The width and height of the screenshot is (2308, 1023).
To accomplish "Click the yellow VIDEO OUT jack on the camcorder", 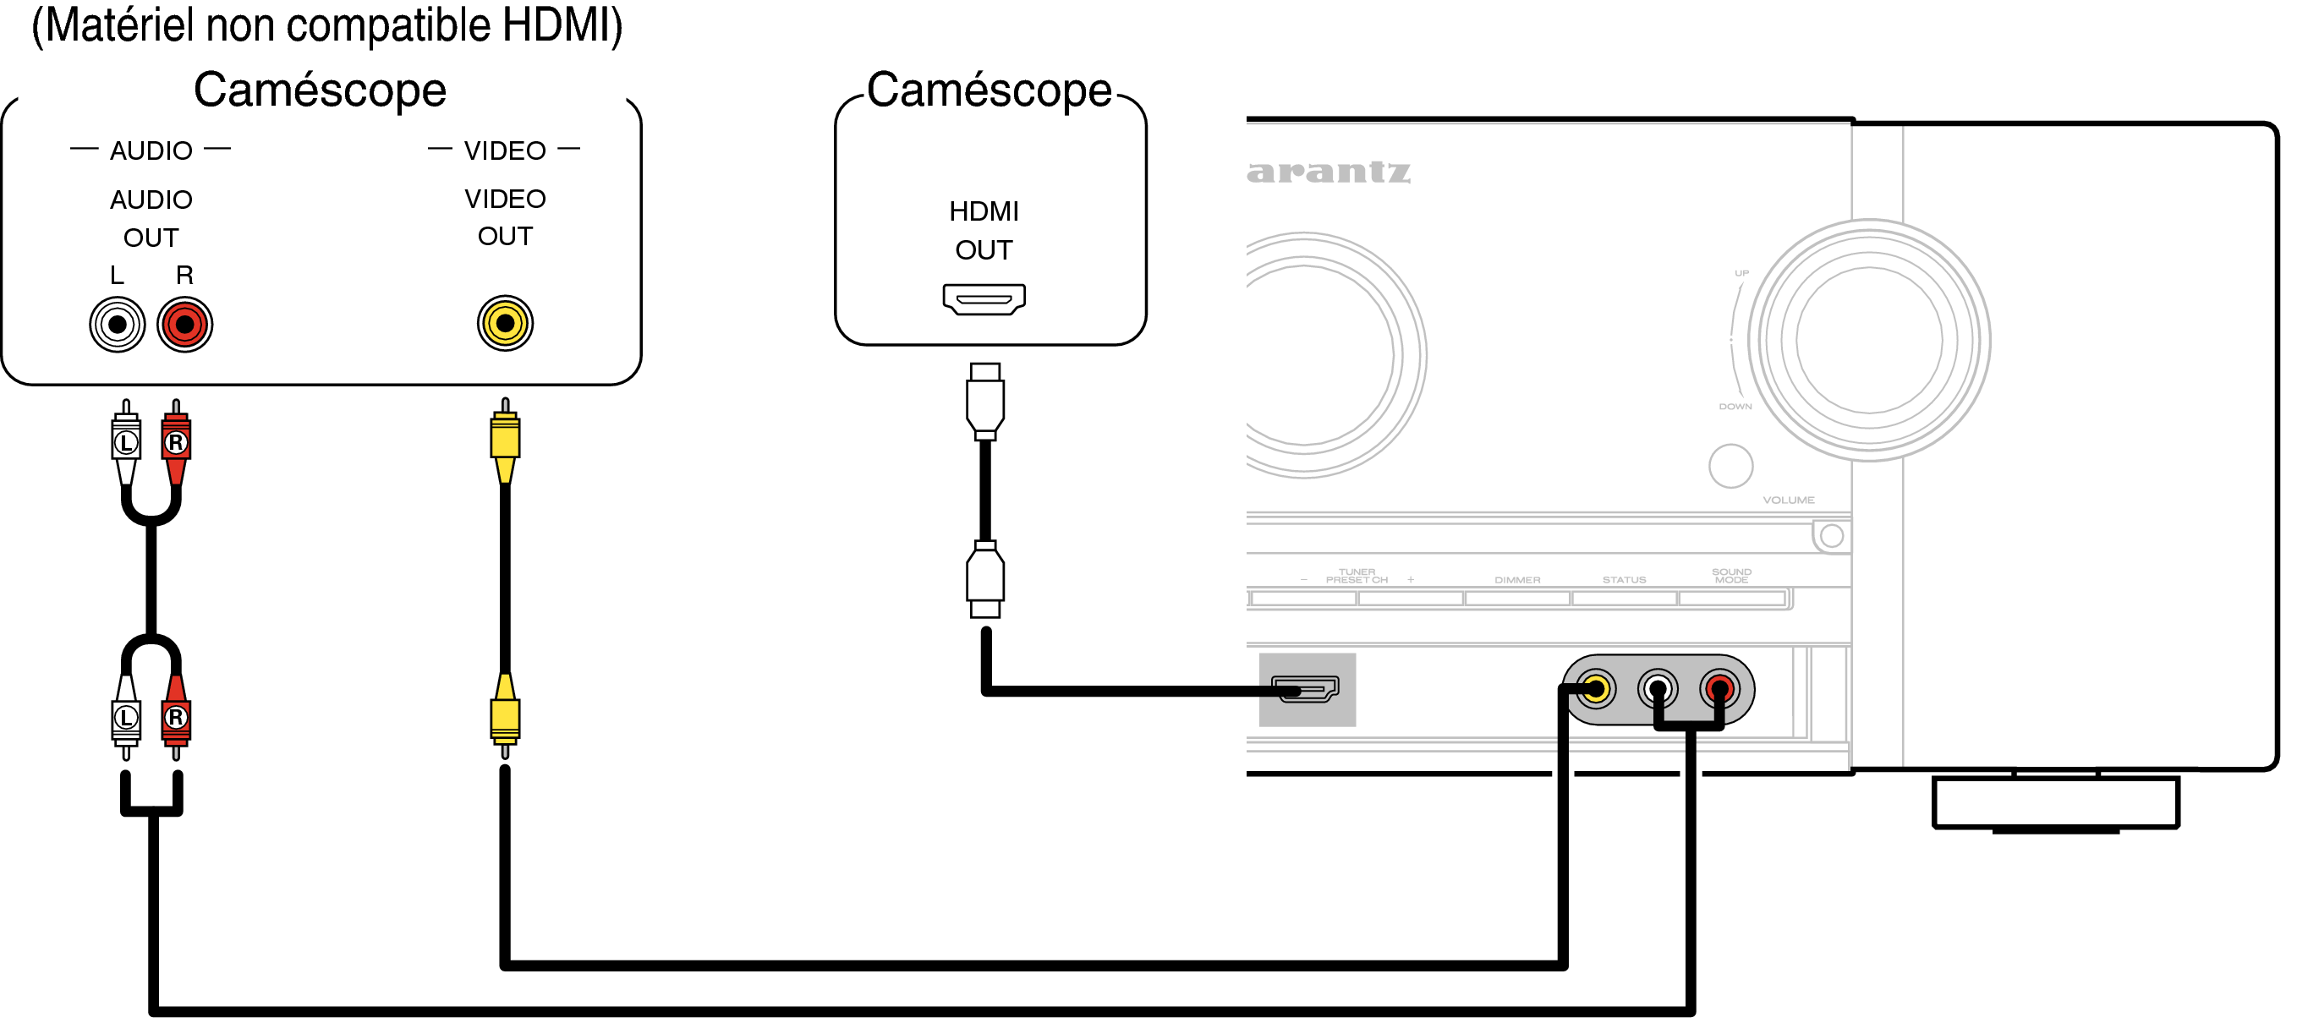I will [x=505, y=323].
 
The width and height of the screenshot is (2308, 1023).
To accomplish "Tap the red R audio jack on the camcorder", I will [x=184, y=325].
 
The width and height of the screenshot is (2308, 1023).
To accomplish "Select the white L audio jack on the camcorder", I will [x=118, y=325].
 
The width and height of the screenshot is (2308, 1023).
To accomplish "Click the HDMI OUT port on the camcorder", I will [x=984, y=298].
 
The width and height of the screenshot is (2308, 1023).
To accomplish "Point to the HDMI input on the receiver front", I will [x=1307, y=689].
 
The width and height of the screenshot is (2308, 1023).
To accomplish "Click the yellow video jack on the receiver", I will [x=1596, y=689].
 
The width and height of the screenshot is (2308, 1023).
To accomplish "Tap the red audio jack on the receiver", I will [x=1719, y=689].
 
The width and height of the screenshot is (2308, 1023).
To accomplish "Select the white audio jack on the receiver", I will [x=1657, y=689].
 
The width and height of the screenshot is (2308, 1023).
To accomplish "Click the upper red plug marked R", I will [x=176, y=441].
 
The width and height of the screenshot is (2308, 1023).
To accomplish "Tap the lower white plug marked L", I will [x=126, y=717].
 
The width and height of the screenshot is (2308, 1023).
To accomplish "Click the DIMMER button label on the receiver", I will [x=1517, y=581].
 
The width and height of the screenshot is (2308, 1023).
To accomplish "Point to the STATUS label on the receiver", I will [x=1624, y=581].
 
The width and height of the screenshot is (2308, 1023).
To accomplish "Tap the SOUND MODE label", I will [x=1731, y=576].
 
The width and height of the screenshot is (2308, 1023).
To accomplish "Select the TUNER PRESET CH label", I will [x=1357, y=576].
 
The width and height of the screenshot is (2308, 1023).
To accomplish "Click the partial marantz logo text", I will [x=1328, y=171].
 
